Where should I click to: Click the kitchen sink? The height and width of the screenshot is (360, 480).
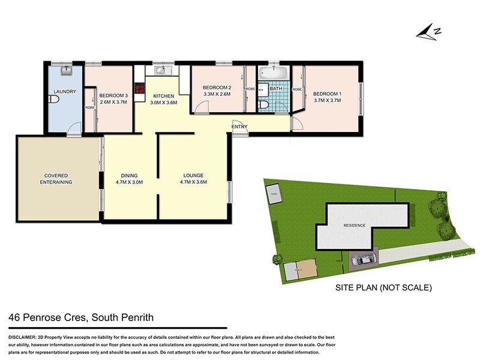click(x=162, y=71)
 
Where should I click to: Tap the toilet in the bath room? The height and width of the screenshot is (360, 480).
click(x=263, y=104)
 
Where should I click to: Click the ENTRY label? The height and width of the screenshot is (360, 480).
click(x=239, y=126)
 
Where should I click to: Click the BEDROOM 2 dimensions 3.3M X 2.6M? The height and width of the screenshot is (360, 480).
click(x=217, y=94)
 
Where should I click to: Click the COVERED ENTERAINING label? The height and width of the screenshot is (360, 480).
click(x=56, y=178)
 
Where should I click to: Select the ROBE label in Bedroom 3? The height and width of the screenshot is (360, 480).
click(x=89, y=108)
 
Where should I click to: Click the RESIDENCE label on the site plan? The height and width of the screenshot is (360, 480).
click(x=354, y=226)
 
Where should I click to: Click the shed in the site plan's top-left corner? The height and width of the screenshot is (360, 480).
click(x=274, y=194)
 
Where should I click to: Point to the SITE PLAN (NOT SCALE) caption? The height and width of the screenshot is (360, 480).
click(x=383, y=288)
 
